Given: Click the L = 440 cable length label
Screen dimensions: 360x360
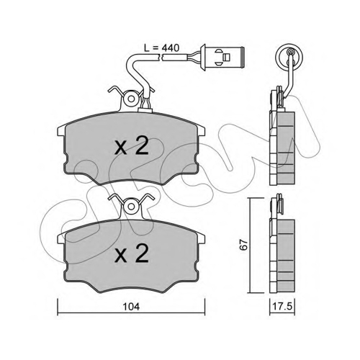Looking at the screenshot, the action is point(161,48).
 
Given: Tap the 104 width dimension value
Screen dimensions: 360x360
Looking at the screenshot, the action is point(131,307).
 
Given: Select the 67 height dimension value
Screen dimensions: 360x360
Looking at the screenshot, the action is point(244,245).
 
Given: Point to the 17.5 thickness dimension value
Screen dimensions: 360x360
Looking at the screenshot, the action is point(282,307).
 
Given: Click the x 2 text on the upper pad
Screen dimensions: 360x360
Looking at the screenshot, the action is point(132,146).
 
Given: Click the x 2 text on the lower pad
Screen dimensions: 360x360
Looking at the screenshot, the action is point(132,254).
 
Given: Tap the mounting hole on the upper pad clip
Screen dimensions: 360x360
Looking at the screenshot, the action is point(131,99).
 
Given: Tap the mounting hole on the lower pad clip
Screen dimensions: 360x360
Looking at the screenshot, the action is point(131,206).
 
